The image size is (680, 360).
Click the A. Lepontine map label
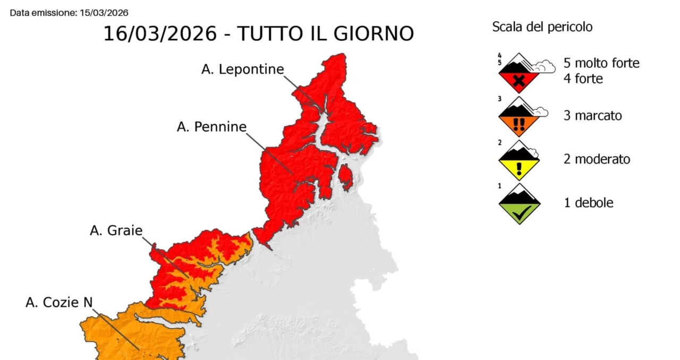pyautogui.click(x=242, y=70)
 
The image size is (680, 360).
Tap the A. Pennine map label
pyautogui.click(x=211, y=127)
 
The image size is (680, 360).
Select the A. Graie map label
pyautogui.click(x=116, y=230)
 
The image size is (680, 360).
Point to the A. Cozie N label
pyautogui.click(x=59, y=302)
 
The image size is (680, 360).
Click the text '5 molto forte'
pyautogui.click(x=601, y=63)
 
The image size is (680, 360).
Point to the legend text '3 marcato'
pyautogui.click(x=592, y=115)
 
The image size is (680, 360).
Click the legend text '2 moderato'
pyautogui.click(x=597, y=159)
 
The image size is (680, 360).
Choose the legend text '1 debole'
pyautogui.click(x=588, y=202)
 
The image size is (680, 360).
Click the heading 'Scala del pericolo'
pyautogui.click(x=542, y=27)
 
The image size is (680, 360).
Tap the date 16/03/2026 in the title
pyautogui.click(x=160, y=33)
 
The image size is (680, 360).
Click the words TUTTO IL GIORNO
pyautogui.click(x=325, y=33)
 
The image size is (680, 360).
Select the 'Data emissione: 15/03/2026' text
pyautogui.click(x=69, y=12)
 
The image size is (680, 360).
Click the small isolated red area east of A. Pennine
pyautogui.click(x=345, y=177)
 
